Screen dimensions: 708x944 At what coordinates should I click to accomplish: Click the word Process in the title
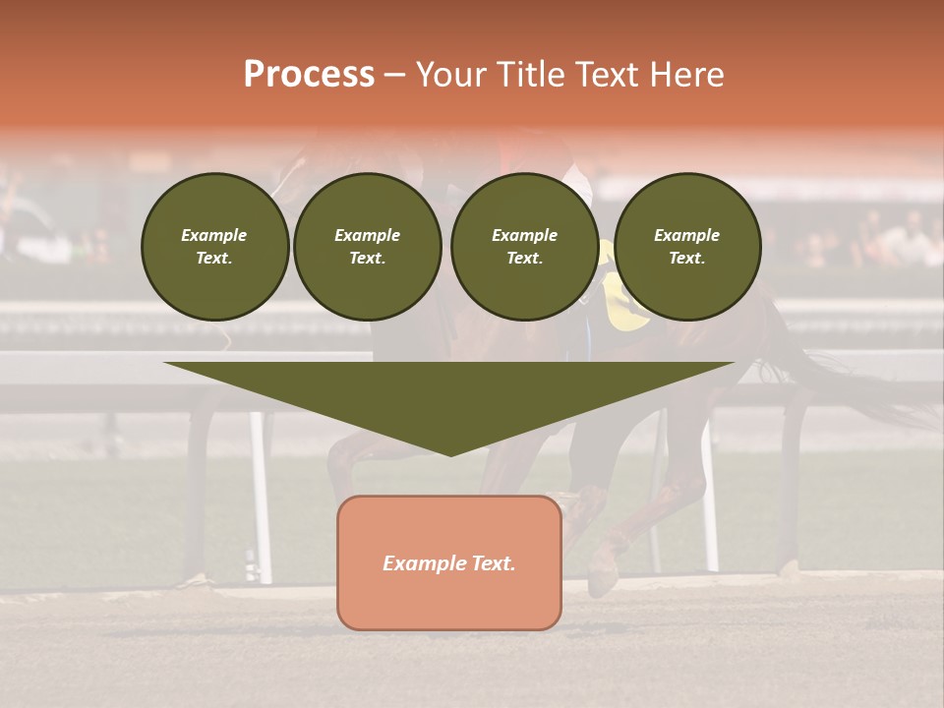pos(309,75)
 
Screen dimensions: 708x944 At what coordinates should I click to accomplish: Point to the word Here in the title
pos(685,75)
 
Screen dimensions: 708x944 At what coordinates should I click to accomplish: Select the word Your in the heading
pos(449,75)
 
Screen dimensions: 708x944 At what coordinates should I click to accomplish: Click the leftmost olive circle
pos(214,247)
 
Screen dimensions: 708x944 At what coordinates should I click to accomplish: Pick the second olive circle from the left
pos(368,247)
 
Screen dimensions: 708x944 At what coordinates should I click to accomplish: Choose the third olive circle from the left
pos(524,247)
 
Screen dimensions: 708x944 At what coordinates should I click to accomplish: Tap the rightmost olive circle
pos(687,247)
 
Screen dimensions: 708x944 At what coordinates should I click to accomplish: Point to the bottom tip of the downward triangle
pos(450,454)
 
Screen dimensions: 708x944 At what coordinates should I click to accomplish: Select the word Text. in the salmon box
pos(494,563)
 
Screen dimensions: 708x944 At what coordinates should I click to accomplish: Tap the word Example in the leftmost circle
pos(214,235)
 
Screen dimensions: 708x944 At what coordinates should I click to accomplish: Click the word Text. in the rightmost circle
pos(687,259)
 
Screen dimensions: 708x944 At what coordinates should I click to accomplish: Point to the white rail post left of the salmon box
pos(261,492)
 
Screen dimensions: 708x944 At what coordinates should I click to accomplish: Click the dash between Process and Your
pos(394,75)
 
